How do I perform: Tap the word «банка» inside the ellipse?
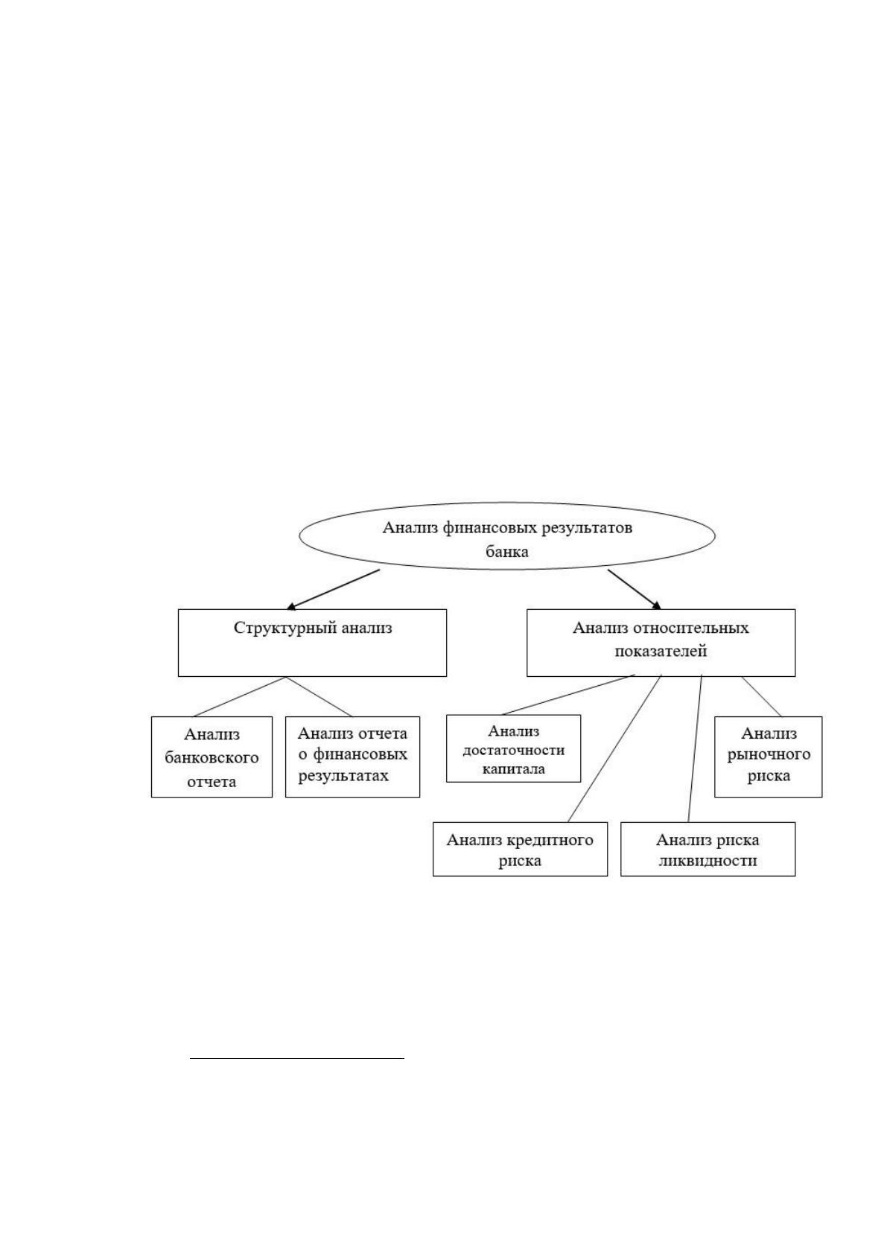[x=506, y=552]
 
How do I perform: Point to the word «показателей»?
[x=661, y=652]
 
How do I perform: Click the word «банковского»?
[x=212, y=758]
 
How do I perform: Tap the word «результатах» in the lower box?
[x=343, y=776]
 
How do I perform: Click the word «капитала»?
[x=513, y=769]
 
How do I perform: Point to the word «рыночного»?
[x=769, y=754]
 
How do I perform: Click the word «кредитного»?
[x=550, y=840]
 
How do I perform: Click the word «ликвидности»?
[x=708, y=861]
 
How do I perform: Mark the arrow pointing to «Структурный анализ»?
[x=333, y=590]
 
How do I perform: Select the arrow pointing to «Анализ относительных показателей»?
[x=635, y=590]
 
